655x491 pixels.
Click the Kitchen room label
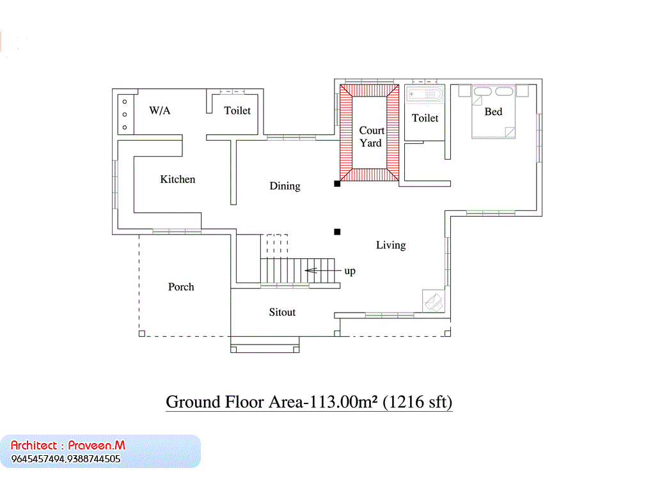[x=178, y=180]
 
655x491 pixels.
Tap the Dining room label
[x=285, y=186]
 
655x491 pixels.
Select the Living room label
[x=391, y=245]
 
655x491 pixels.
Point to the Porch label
[x=181, y=287]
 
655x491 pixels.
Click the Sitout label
[x=282, y=312]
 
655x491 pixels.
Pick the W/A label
[x=159, y=111]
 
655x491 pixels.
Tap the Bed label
[x=493, y=111]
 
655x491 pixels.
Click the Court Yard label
[x=372, y=137]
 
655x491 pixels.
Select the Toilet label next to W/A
[x=237, y=111]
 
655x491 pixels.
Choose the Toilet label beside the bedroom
[x=425, y=118]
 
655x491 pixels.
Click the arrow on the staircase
[x=322, y=270]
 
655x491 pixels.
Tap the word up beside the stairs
[x=350, y=271]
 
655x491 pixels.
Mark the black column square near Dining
[x=337, y=183]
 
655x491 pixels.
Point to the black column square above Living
[x=337, y=231]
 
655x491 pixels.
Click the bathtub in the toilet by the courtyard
[x=425, y=95]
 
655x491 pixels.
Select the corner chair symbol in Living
[x=433, y=301]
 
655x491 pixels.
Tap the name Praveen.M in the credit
[x=97, y=446]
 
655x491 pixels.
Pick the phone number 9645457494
[x=38, y=459]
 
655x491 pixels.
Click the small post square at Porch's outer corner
[x=141, y=334]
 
